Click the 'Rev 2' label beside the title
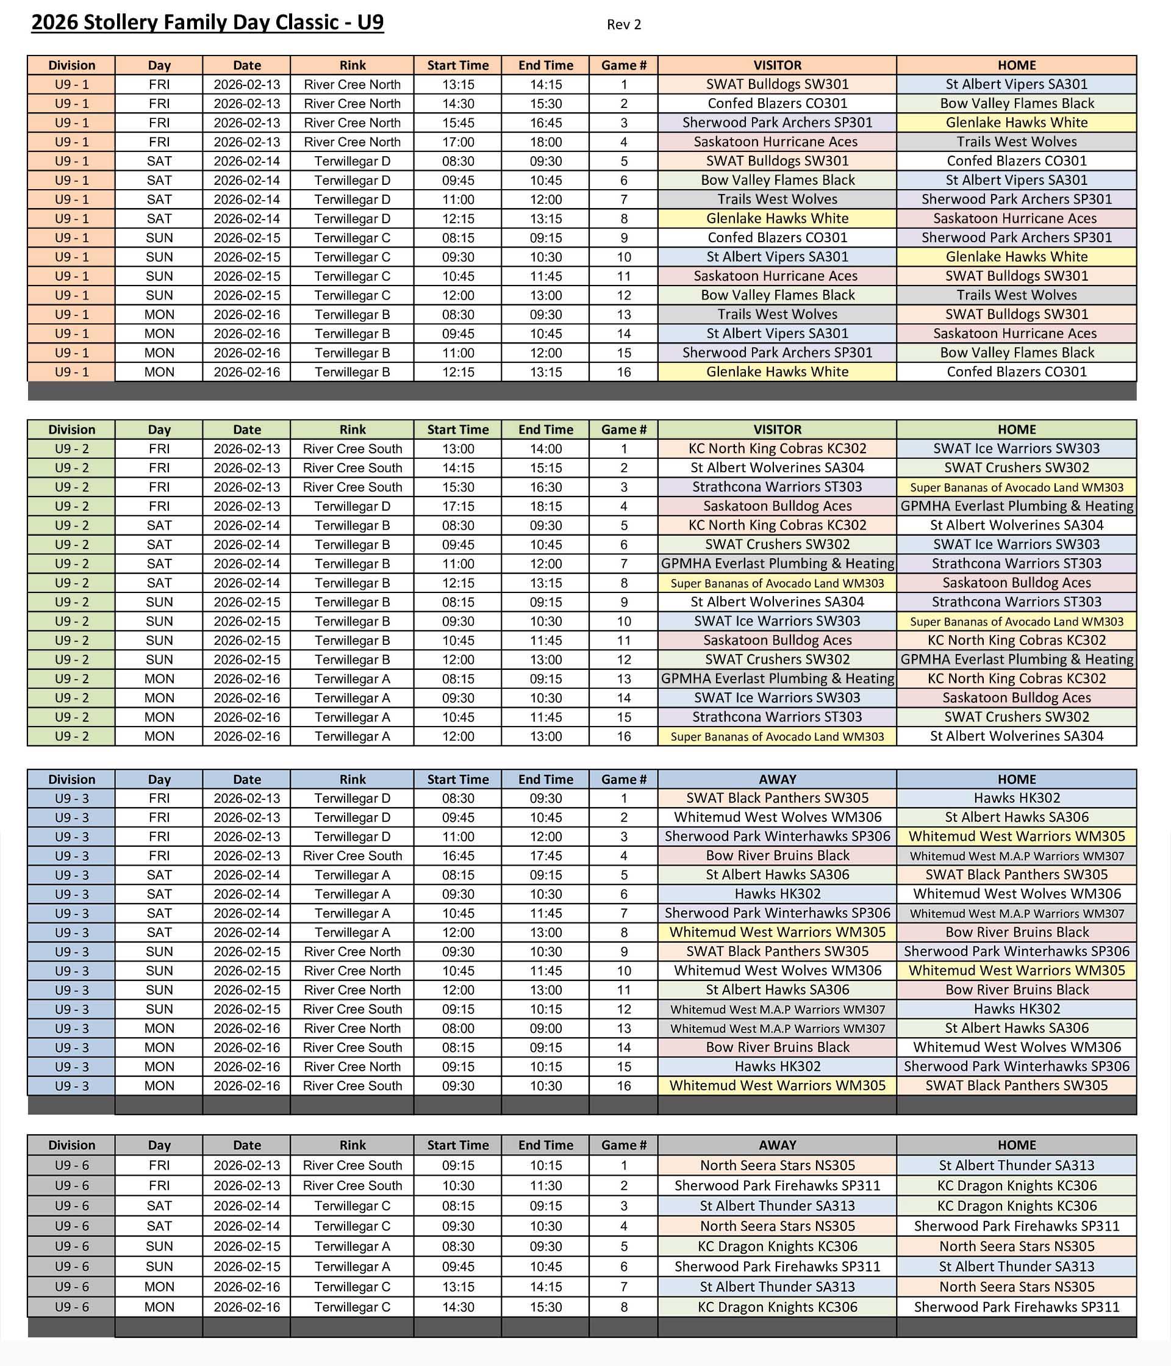[623, 24]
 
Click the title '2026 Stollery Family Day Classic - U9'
[207, 23]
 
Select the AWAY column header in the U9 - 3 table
[777, 778]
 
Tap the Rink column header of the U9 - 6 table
[352, 1145]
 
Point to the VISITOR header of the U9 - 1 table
[777, 65]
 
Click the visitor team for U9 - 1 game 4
[777, 142]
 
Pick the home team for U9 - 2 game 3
[1016, 487]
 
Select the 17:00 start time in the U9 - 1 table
[457, 142]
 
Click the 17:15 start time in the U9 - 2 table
[457, 506]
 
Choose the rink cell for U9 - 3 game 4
[352, 856]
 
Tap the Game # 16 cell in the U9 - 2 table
[623, 736]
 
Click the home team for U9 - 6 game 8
[1016, 1307]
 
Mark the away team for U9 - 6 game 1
[777, 1165]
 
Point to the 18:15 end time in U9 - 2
[546, 506]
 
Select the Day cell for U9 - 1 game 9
[159, 237]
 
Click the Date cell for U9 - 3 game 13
[246, 1028]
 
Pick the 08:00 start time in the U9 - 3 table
[457, 1028]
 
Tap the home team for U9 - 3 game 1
[1016, 798]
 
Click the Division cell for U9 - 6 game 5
[71, 1246]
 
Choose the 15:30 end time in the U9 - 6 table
[546, 1307]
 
